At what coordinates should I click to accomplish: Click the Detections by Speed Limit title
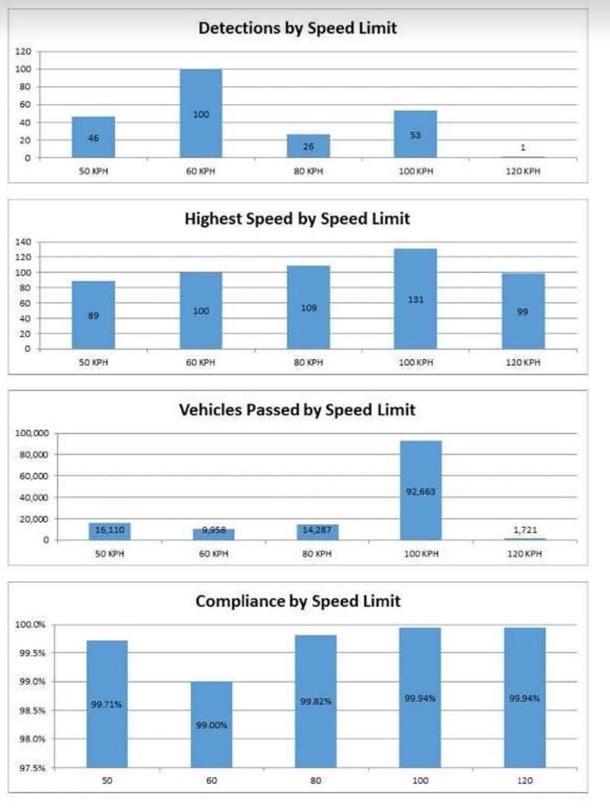click(x=297, y=28)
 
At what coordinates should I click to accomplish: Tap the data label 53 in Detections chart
click(x=416, y=135)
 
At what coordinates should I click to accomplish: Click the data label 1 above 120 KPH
click(x=522, y=148)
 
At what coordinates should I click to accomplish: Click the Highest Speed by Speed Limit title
click(x=297, y=219)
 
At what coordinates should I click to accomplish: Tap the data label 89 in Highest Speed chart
click(x=94, y=314)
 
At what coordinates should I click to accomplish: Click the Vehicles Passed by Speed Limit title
click(x=297, y=410)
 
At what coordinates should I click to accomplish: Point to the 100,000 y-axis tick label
click(x=31, y=433)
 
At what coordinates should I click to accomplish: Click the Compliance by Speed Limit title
click(x=297, y=601)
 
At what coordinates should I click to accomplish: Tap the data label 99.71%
click(x=106, y=705)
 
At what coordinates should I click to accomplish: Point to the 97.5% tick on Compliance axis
click(x=31, y=767)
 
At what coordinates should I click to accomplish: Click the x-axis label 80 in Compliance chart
click(x=315, y=782)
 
